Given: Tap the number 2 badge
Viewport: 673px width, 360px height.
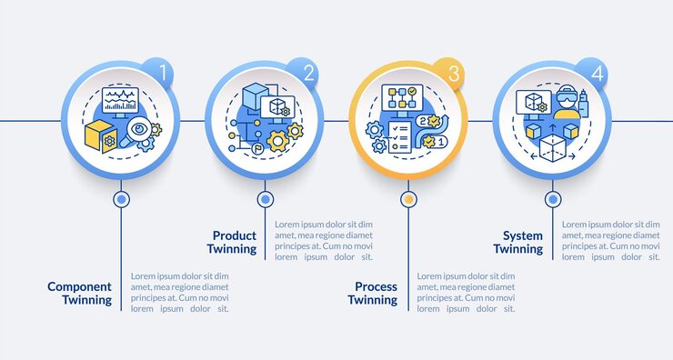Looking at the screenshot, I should [x=308, y=74].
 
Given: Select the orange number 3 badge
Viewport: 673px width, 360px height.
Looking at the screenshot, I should [x=452, y=73].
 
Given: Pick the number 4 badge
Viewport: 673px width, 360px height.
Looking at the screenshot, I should [x=597, y=74].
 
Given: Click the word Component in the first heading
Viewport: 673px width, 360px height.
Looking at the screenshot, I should [x=80, y=286].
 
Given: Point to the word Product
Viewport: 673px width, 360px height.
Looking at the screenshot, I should [x=234, y=235].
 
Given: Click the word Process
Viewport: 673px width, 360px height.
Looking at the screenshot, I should [x=376, y=286].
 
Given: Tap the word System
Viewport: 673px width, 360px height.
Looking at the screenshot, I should [x=523, y=235].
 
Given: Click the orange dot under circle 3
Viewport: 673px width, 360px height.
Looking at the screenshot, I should [x=408, y=198].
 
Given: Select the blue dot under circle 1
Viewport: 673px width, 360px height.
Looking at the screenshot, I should [x=120, y=198].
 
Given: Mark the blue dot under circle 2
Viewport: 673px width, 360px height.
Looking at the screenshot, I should [x=265, y=198].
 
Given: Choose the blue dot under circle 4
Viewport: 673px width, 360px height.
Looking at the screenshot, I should [x=553, y=198].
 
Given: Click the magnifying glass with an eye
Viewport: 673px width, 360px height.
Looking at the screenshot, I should [x=140, y=131].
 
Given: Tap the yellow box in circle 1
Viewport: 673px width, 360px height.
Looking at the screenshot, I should [x=100, y=136].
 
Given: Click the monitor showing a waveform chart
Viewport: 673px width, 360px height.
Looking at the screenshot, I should [x=121, y=100].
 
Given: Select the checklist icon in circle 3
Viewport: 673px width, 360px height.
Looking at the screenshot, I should [x=397, y=136].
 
